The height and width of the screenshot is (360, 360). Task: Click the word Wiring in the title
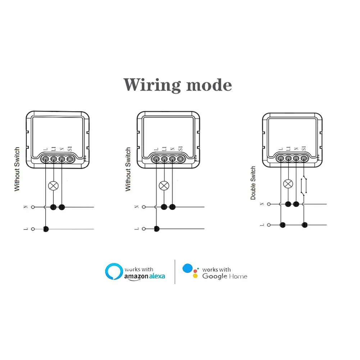152,85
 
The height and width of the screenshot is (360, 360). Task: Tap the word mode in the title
209,85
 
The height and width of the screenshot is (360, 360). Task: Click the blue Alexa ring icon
114,272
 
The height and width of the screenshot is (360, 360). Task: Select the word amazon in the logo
136,276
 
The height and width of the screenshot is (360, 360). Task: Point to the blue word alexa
157,276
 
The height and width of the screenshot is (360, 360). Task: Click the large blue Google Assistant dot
188,268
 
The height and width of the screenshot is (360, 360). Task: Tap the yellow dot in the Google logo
195,276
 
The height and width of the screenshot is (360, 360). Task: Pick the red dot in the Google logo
195,271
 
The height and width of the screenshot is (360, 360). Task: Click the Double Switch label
253,183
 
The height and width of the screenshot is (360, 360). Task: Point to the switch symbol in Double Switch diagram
304,186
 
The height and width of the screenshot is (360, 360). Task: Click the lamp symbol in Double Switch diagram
288,184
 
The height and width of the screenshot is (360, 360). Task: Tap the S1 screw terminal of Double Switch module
304,158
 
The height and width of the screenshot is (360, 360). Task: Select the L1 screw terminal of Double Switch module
288,158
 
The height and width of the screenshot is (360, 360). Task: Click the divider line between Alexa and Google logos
175,272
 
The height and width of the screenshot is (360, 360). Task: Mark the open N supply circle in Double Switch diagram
269,204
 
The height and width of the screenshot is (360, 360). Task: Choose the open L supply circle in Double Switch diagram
269,225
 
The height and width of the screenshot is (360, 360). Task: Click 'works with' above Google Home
217,269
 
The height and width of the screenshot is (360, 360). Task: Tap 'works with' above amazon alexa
139,269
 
